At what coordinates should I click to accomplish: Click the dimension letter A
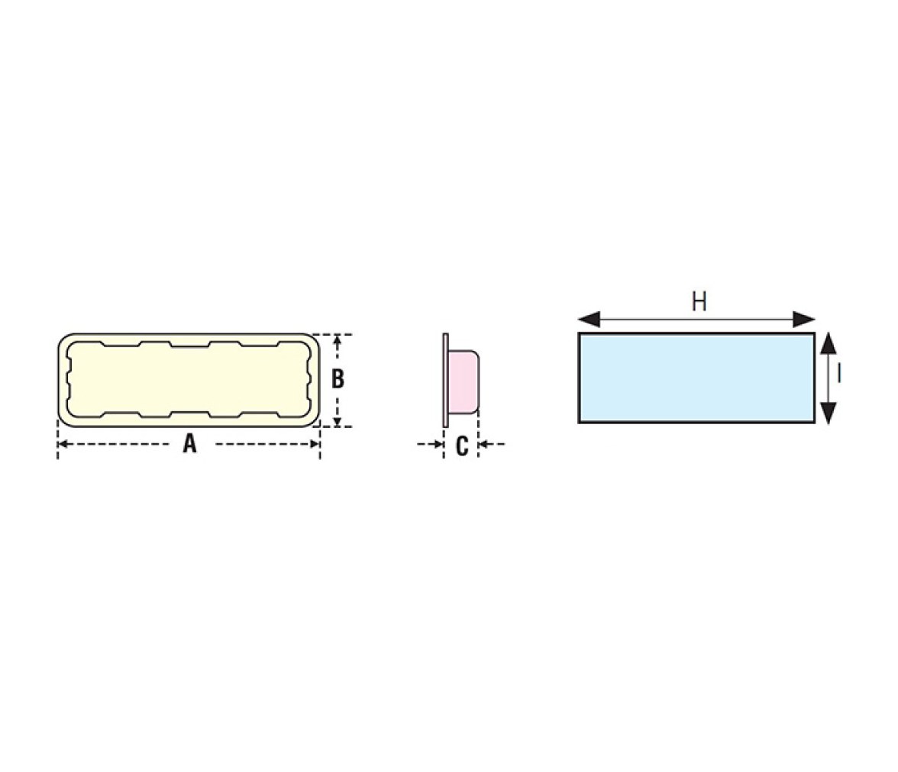click(189, 443)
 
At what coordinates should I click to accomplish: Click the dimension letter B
click(338, 379)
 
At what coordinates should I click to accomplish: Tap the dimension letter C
click(461, 446)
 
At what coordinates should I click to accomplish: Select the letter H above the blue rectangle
click(699, 301)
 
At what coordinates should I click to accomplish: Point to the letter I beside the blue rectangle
click(839, 374)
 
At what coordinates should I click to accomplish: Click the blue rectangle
click(696, 378)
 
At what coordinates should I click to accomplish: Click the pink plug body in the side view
click(464, 381)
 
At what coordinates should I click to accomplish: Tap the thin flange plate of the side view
click(446, 380)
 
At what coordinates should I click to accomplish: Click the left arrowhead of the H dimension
click(590, 320)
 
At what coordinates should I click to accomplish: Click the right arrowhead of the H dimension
click(804, 320)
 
